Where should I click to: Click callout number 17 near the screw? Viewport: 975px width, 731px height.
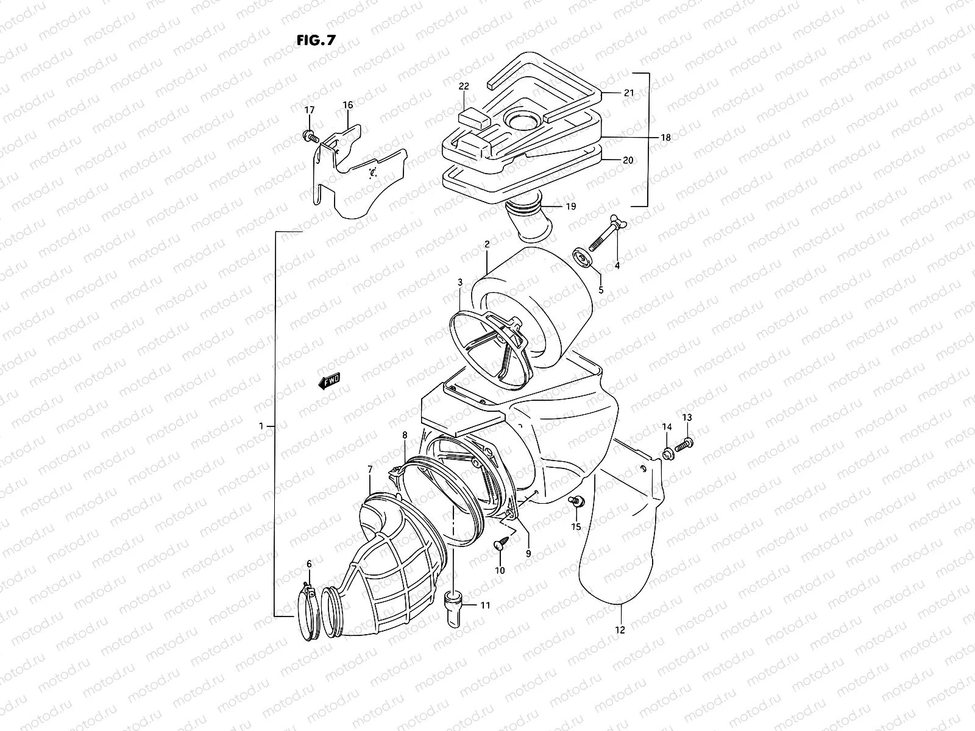pos(310,110)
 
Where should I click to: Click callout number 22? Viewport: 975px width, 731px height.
pos(464,87)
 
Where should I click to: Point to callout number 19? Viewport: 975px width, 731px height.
pos(570,207)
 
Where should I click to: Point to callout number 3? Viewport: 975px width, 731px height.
pos(460,283)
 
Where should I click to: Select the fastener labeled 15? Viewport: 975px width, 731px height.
pos(575,501)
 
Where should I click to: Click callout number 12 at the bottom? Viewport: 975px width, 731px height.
pos(620,630)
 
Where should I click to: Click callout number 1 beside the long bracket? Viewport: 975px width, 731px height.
pos(261,426)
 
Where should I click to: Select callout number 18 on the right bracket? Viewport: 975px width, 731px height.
pos(665,138)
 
